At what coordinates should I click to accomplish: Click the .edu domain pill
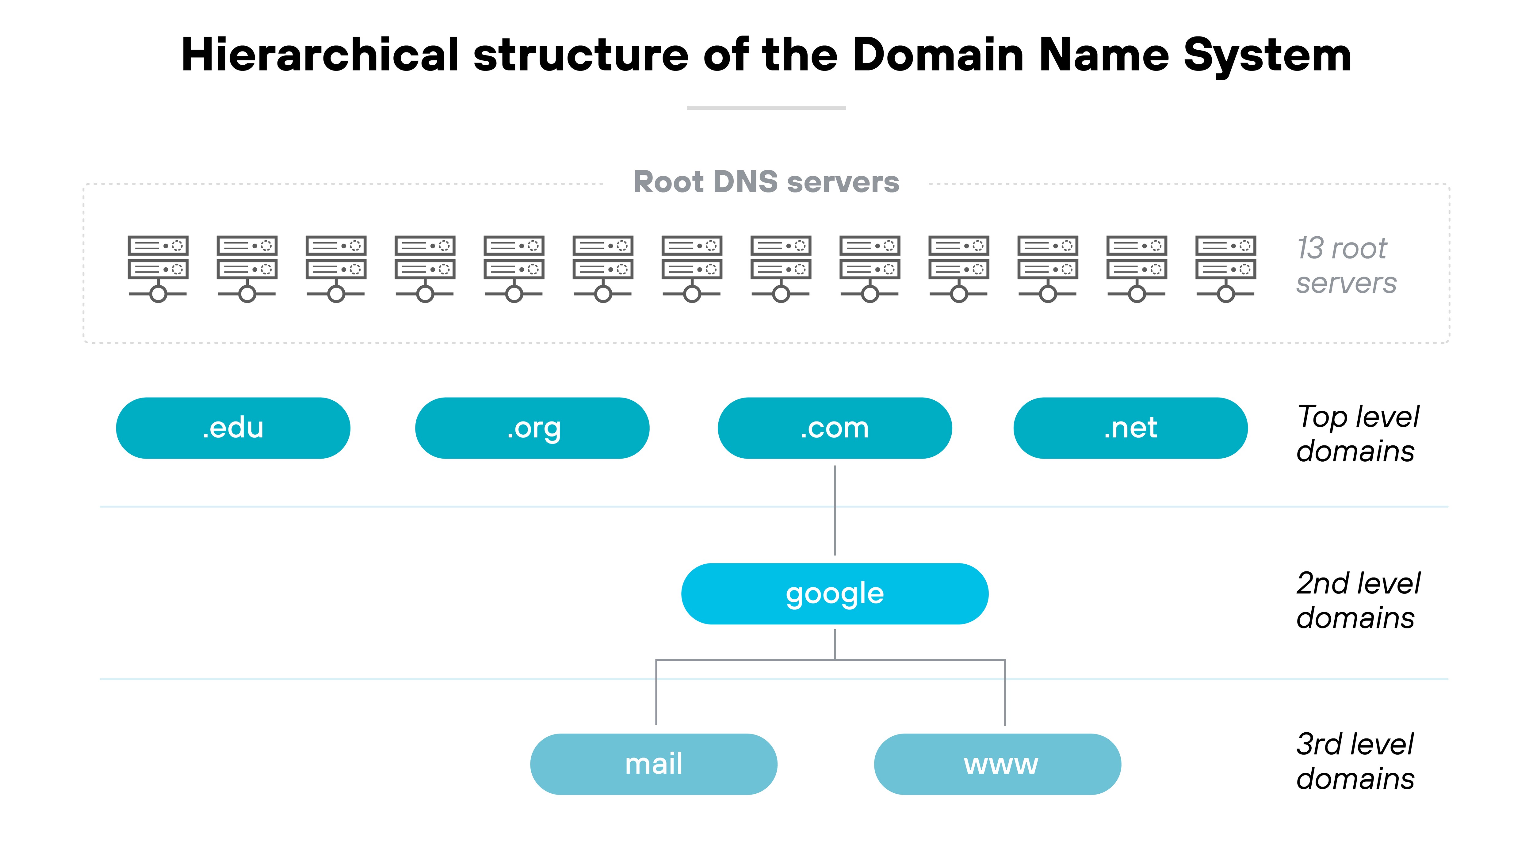pyautogui.click(x=233, y=428)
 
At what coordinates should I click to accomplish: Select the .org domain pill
pyautogui.click(x=532, y=428)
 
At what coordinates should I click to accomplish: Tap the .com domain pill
pyautogui.click(x=834, y=428)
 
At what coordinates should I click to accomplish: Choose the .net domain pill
pyautogui.click(x=1130, y=428)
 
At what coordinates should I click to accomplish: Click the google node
pyautogui.click(x=834, y=594)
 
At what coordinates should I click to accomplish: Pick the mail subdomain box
pyautogui.click(x=653, y=764)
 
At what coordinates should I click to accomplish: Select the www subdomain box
pyautogui.click(x=997, y=764)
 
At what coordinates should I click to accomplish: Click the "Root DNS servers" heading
pyautogui.click(x=766, y=182)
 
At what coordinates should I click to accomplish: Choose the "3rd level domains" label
pyautogui.click(x=1355, y=761)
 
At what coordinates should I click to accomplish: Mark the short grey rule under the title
pyautogui.click(x=766, y=108)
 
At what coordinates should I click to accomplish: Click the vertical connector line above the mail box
pyautogui.click(x=656, y=693)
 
